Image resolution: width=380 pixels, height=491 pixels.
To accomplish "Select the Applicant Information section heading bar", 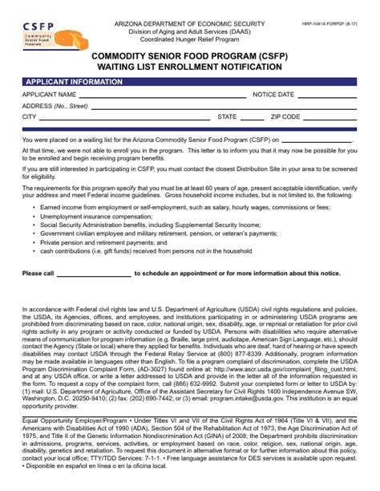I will point(190,81).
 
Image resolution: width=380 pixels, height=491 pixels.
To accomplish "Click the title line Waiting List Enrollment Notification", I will point(189,67).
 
